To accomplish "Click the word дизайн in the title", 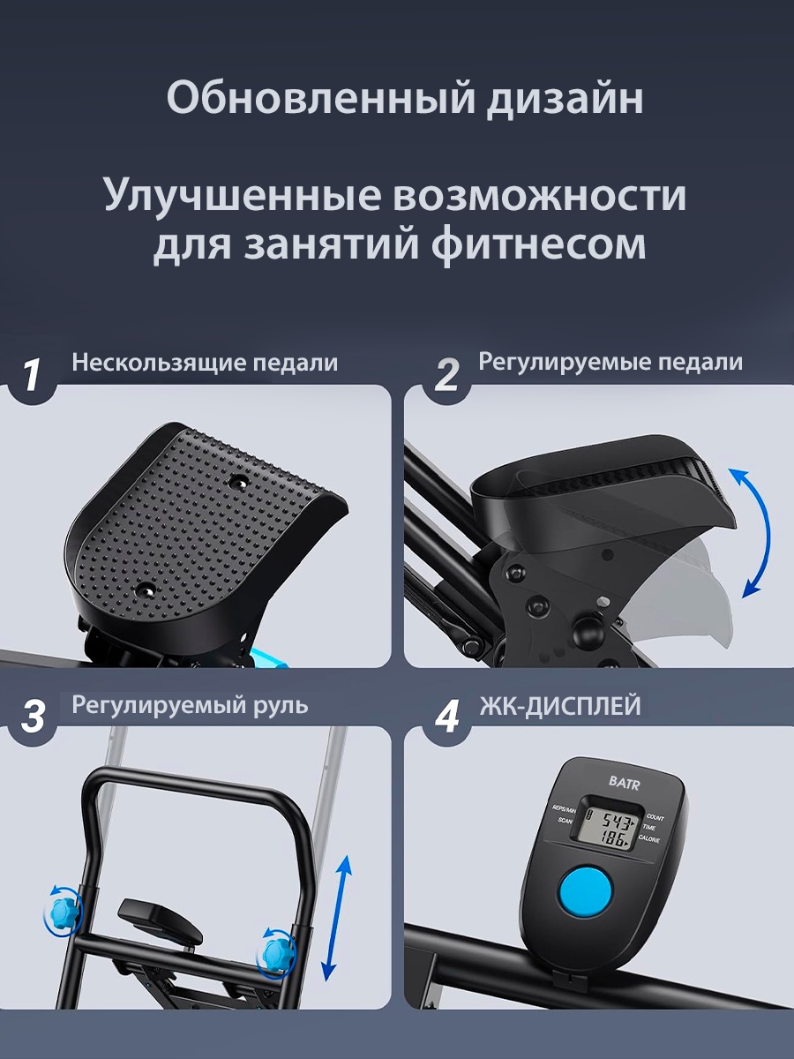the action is (x=565, y=99).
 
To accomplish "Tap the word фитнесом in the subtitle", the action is (x=538, y=244).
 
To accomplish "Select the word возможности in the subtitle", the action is (x=539, y=196).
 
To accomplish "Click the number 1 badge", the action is (x=32, y=376).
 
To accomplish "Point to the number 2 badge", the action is (x=446, y=376).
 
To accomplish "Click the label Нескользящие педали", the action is (x=205, y=364).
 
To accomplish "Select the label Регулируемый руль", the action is (x=190, y=705).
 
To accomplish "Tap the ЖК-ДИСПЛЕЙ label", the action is (x=560, y=706).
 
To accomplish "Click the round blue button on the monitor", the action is (x=585, y=890).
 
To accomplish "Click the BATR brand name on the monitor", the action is (x=624, y=783).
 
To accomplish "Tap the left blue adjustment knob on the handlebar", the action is (x=62, y=912).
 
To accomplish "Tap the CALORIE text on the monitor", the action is (x=649, y=839).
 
